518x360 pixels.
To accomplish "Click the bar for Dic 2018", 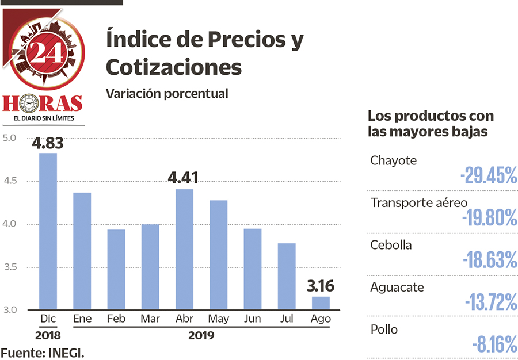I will coord(48,231).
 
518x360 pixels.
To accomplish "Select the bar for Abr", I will coord(184,250).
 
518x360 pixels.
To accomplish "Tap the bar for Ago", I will coord(321,303).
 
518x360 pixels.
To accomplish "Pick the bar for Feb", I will coord(116,270).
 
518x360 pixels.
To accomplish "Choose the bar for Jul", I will coord(287,277).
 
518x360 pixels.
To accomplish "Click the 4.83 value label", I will coord(48,143).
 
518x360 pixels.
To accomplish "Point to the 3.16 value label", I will coord(321,286).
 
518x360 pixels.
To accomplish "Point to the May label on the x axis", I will coord(219,319).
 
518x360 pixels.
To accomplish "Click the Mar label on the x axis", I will coord(150,319).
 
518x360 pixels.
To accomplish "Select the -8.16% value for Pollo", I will coord(494,346).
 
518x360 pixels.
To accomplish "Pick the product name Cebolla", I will coord(391,244).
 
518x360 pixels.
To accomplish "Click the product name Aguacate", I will coord(397,287).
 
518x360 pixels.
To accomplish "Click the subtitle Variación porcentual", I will coord(167,93).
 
